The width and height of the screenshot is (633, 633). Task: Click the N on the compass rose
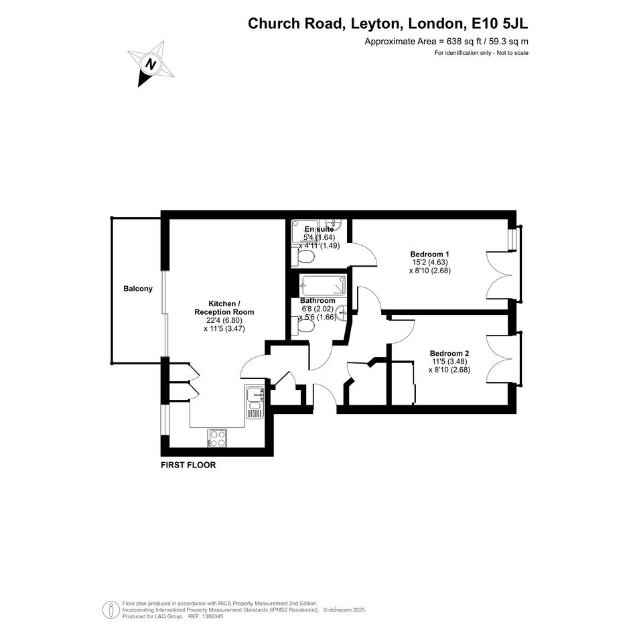(x=151, y=64)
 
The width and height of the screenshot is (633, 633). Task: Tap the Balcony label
(x=138, y=289)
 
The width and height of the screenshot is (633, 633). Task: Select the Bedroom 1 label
(x=429, y=254)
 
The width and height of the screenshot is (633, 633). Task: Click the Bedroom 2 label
(x=449, y=353)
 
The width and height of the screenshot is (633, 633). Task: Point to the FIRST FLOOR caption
(x=188, y=465)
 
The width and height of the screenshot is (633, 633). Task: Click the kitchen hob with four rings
(x=217, y=438)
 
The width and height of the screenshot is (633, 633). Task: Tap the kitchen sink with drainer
(x=255, y=403)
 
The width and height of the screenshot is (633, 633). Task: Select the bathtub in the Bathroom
(x=324, y=286)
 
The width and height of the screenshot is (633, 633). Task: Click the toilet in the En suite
(x=303, y=257)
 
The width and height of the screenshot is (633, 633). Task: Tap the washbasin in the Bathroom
(x=342, y=312)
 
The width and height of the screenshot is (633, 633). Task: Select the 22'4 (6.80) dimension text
(x=224, y=320)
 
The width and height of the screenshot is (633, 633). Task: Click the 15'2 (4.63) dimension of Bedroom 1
(x=430, y=262)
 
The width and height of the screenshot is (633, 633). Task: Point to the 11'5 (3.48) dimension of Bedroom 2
(x=449, y=361)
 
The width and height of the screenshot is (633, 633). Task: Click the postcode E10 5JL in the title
(x=500, y=23)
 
